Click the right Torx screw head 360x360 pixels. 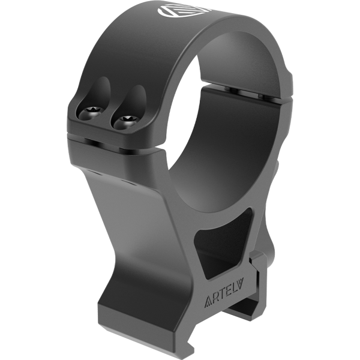[x=127, y=122]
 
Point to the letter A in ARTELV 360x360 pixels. [x=208, y=302]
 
